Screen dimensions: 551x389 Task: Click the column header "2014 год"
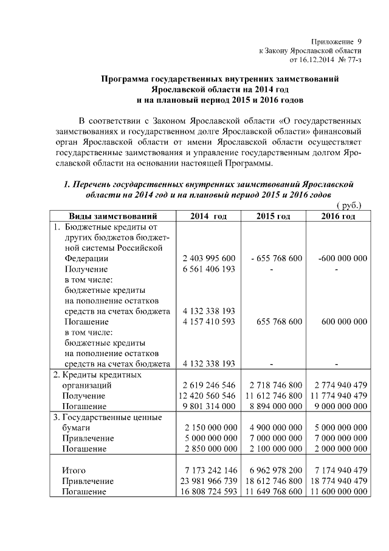[208, 216]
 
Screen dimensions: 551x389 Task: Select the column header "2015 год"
[273, 216]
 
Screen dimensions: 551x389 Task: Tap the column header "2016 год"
[338, 216]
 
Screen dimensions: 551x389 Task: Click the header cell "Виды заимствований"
[113, 216]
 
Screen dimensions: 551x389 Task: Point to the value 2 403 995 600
[208, 258]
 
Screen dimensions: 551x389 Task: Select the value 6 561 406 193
[208, 268]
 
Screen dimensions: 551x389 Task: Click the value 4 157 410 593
[208, 321]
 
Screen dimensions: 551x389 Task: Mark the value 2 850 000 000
[208, 449]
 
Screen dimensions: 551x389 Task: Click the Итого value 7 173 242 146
[208, 470]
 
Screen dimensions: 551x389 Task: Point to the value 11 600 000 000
[338, 491]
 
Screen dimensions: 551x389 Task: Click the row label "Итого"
[74, 470]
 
